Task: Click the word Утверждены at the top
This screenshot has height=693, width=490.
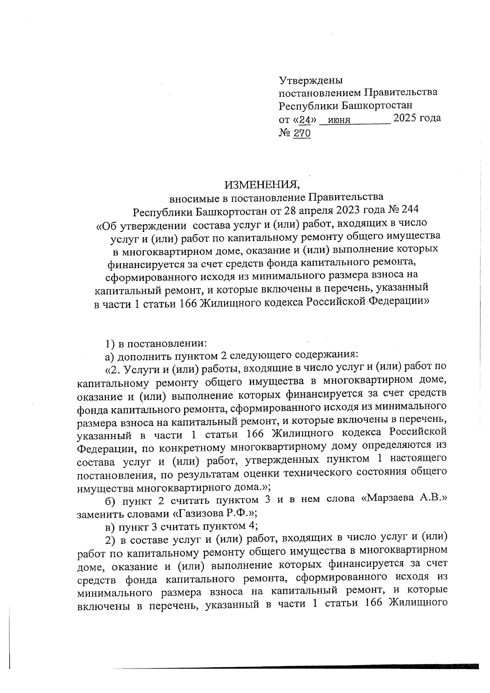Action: click(x=310, y=80)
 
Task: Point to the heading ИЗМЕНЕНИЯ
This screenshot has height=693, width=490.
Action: click(x=262, y=185)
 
